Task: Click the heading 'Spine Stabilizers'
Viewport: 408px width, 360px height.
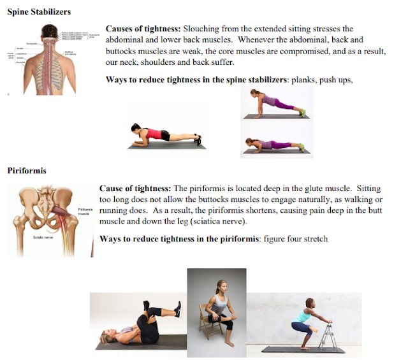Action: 39,11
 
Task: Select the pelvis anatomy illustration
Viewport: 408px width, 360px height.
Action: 48,220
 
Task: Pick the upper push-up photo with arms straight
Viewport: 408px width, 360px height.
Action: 275,106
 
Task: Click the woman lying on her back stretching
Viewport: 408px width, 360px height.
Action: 138,322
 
